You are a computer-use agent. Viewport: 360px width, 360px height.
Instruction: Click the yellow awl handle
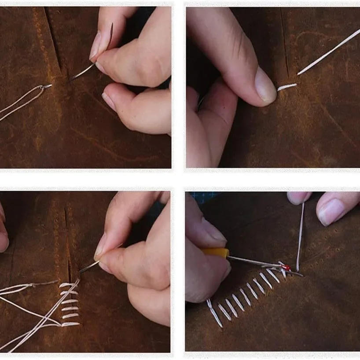pos(216,253)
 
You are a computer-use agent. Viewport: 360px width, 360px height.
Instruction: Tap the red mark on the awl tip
pos(287,267)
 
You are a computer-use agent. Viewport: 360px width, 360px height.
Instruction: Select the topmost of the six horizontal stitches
pos(69,285)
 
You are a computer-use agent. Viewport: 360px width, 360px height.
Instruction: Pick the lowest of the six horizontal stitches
pos(70,324)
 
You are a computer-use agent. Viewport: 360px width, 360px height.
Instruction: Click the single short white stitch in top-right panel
pos(287,87)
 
